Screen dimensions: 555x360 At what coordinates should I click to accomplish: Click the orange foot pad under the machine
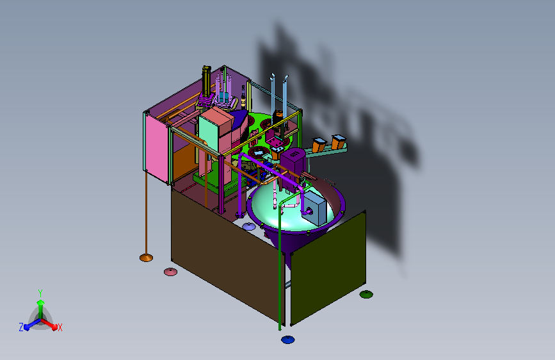[x=146, y=258]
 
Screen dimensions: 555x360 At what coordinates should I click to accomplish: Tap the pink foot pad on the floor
[x=170, y=272]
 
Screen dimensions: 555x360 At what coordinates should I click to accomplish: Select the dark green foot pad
[x=366, y=294]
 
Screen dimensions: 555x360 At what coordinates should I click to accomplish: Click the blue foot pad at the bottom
[x=288, y=340]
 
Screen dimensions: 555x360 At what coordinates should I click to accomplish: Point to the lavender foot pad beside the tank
[x=249, y=226]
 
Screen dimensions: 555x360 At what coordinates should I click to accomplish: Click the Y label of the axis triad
[x=40, y=293]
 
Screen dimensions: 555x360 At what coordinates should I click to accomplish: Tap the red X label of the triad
[x=60, y=328]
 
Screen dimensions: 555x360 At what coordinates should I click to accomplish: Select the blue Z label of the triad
[x=21, y=327]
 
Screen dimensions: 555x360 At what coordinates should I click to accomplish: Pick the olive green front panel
[x=328, y=267]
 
